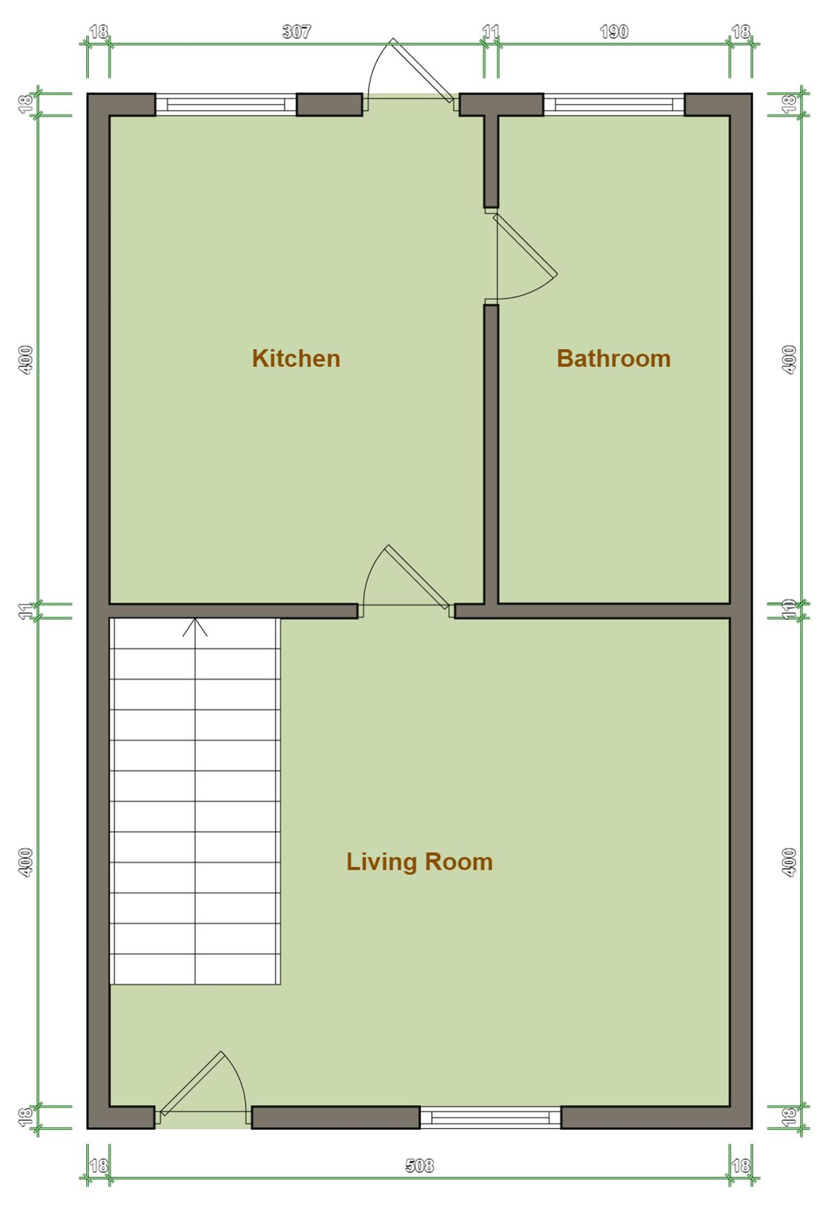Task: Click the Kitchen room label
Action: [x=296, y=358]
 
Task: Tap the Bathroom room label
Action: [x=613, y=358]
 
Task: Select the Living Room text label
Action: [x=419, y=862]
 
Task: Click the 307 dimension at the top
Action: [x=296, y=32]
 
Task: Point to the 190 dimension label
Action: [x=613, y=32]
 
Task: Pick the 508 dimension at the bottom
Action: [x=419, y=1166]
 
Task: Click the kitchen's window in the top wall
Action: [x=226, y=105]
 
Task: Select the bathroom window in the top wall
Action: [x=613, y=105]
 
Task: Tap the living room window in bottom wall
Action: [x=490, y=1117]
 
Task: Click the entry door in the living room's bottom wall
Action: [x=200, y=1086]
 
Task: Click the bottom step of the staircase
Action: [x=195, y=969]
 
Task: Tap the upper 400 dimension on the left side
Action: [x=26, y=360]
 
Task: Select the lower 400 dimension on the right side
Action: [x=789, y=862]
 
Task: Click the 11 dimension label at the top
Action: [x=491, y=32]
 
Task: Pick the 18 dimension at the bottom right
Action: [x=741, y=1166]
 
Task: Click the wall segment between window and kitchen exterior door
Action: [x=329, y=105]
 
